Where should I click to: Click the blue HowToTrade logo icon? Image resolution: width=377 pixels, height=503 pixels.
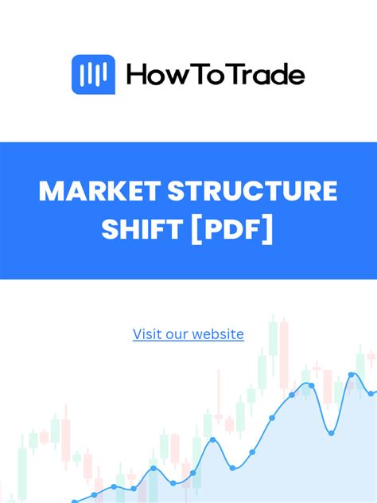(93, 75)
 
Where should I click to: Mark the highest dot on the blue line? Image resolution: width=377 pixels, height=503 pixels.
(352, 374)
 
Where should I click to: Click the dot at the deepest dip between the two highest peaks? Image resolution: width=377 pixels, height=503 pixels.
(330, 432)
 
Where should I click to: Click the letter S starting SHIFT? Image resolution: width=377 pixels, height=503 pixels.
(111, 231)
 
